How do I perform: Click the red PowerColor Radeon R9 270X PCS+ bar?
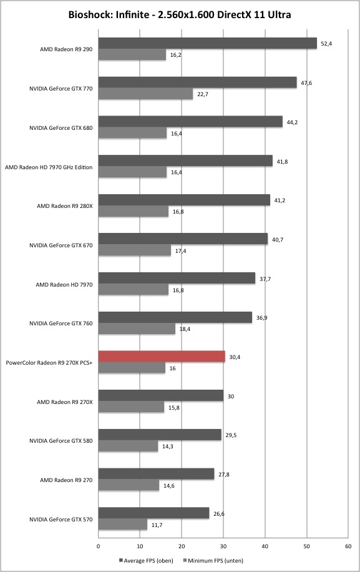point(162,357)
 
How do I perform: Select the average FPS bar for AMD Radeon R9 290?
point(208,43)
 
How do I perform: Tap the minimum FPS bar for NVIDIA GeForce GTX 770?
point(146,94)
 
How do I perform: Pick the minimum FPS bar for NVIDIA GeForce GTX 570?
point(123,525)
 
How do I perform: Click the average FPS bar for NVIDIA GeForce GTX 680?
point(190,122)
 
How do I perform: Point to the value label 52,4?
point(326,44)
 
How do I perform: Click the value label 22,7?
point(203,94)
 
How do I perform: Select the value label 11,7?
point(157,525)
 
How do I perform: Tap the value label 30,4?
point(235,357)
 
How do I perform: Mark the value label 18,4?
point(185,329)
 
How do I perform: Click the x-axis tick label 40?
point(265,546)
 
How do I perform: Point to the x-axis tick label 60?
point(348,546)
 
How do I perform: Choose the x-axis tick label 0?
point(99,546)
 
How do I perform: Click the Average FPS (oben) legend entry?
point(146,560)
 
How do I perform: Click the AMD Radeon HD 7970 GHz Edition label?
point(49,167)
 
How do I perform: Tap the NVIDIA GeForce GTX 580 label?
point(61,441)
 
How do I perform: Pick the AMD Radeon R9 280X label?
point(64,206)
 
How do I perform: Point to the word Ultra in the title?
point(281,15)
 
